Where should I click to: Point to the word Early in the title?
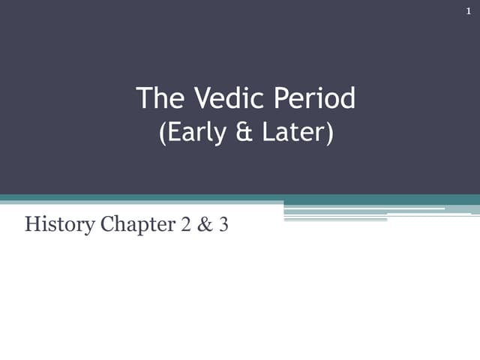194,133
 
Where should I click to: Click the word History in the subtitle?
53,223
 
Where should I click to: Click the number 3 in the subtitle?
223,223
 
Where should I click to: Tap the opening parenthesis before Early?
163,133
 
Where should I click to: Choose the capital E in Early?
174,133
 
